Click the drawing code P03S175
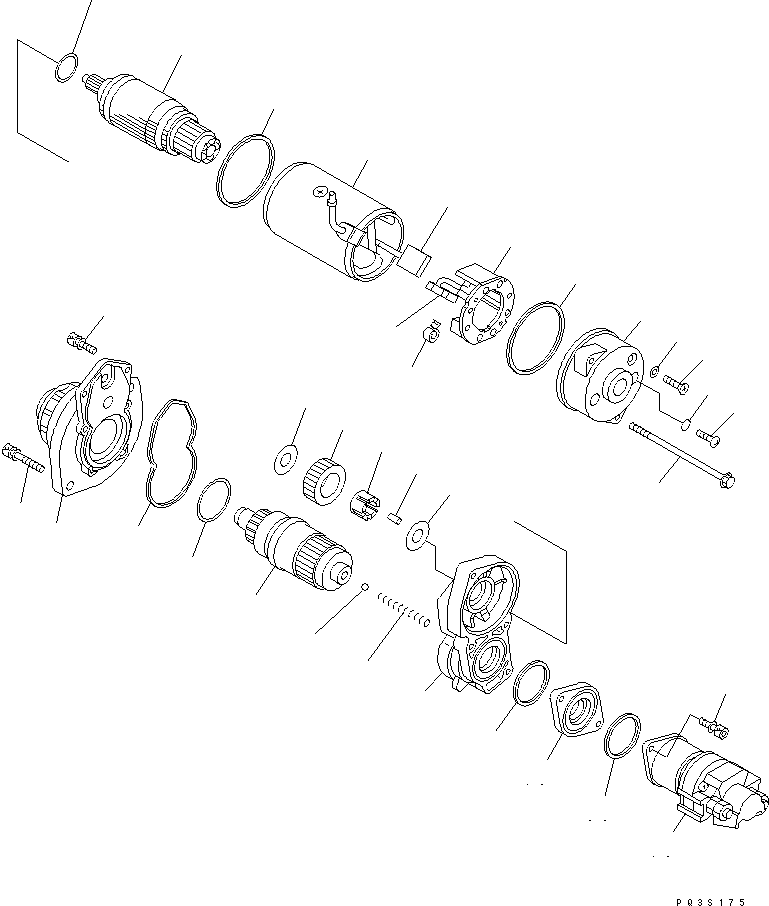pos(711,901)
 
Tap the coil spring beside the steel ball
pos(404,609)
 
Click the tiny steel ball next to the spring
pos(365,587)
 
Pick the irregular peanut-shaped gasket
pos(172,454)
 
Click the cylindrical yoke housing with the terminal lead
pos(332,222)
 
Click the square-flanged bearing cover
pos(577,712)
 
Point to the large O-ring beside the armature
pos(246,170)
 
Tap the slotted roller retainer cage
pos(366,503)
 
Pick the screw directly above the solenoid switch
pos(715,726)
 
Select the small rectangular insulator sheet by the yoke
pos(415,257)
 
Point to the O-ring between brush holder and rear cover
pos(536,338)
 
